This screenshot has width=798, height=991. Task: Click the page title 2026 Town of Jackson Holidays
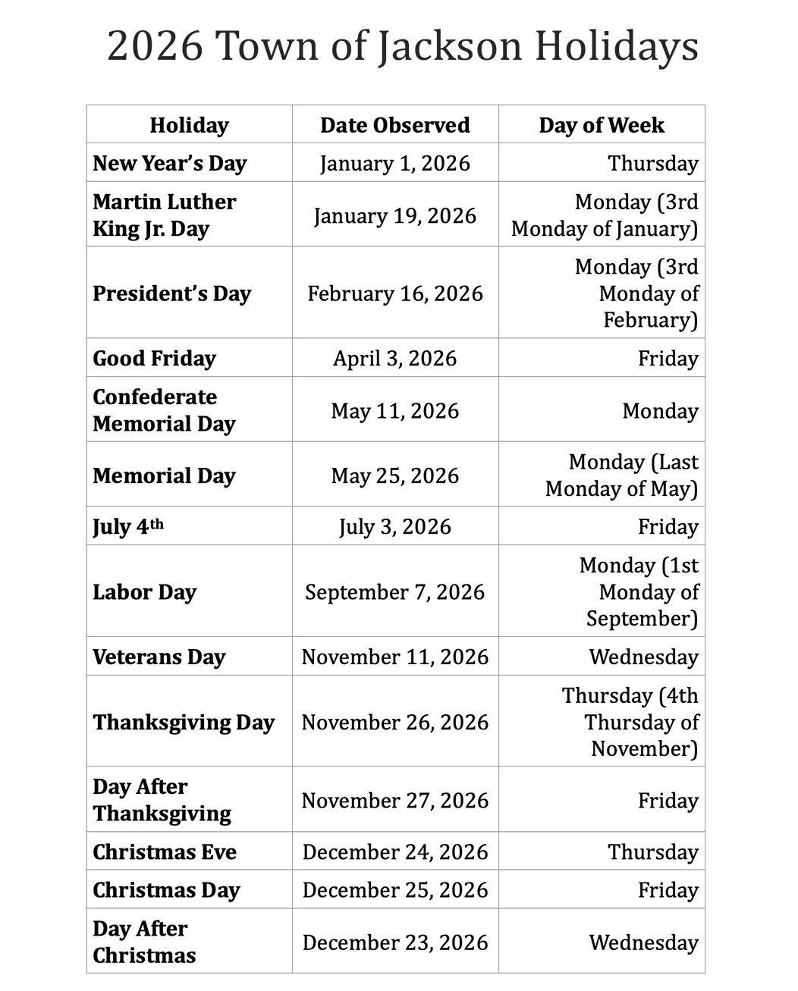point(402,45)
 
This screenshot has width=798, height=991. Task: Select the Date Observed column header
point(394,125)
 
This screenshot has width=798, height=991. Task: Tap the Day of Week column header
point(602,125)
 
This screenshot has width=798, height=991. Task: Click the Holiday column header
point(189,125)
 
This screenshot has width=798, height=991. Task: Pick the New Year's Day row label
point(170,164)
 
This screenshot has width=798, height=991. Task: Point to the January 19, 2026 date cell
point(394,216)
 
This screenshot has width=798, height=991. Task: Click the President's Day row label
point(171,294)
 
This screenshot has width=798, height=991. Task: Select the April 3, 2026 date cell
point(394,359)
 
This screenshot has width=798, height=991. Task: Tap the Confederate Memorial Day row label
point(164,410)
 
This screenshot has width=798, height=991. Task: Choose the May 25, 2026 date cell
point(394,476)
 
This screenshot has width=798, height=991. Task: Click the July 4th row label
point(128,527)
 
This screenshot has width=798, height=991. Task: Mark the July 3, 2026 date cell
point(394,527)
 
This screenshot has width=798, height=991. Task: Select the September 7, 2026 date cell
point(394,592)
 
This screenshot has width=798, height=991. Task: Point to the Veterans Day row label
point(159,657)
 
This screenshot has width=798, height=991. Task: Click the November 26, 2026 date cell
point(394,723)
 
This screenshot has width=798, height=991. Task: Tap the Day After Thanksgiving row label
point(162,800)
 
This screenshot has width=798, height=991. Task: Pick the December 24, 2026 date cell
point(394,852)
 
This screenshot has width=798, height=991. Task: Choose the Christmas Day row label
point(166,890)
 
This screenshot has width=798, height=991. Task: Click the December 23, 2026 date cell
point(394,942)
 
